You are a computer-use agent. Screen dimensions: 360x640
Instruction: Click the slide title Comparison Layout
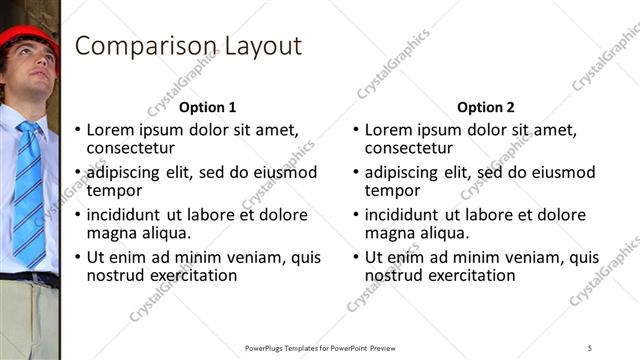pos(188,46)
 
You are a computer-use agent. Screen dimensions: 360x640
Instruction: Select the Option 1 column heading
pos(207,107)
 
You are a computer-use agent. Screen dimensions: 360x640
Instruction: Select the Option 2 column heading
pos(485,107)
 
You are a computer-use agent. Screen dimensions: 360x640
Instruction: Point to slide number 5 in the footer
pos(590,347)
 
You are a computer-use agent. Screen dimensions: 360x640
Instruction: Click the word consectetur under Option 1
pos(131,148)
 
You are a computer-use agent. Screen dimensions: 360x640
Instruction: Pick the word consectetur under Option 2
pos(409,148)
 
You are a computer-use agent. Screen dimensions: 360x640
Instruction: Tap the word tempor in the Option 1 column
pos(114,190)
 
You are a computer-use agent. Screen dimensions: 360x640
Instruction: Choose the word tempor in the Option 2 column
pos(392,190)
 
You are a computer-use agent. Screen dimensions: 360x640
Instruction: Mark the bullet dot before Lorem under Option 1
pos(79,130)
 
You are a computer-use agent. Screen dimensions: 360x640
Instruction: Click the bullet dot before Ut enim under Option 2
pos(357,257)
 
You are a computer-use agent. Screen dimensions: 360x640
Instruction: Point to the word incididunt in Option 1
pos(125,215)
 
